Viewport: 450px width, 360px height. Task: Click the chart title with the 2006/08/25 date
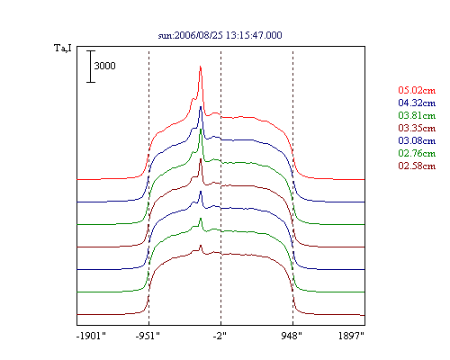point(220,35)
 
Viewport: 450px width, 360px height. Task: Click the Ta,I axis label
point(63,48)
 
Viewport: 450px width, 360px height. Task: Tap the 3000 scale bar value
point(104,66)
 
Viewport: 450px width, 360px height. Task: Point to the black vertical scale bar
point(91,67)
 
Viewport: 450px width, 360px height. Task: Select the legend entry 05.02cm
point(417,90)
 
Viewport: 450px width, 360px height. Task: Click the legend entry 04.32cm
point(417,103)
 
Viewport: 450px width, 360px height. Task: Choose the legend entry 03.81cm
point(417,115)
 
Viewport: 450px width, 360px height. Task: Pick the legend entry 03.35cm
point(417,128)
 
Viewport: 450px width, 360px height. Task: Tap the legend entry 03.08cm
point(417,140)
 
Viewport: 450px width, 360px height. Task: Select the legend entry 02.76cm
point(417,153)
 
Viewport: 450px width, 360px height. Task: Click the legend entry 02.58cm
point(417,166)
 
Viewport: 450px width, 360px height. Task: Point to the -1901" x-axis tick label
point(92,336)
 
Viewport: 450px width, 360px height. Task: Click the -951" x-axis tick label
point(148,336)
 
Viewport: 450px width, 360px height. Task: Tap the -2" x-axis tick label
point(220,336)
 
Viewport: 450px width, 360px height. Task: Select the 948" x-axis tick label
point(292,336)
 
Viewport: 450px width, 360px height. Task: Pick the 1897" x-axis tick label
point(351,336)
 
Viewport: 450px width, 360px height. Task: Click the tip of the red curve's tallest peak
point(201,67)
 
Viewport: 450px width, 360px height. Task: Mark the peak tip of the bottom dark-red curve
point(201,246)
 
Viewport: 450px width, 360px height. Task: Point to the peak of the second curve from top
point(201,106)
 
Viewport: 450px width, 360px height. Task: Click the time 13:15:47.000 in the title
point(254,35)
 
